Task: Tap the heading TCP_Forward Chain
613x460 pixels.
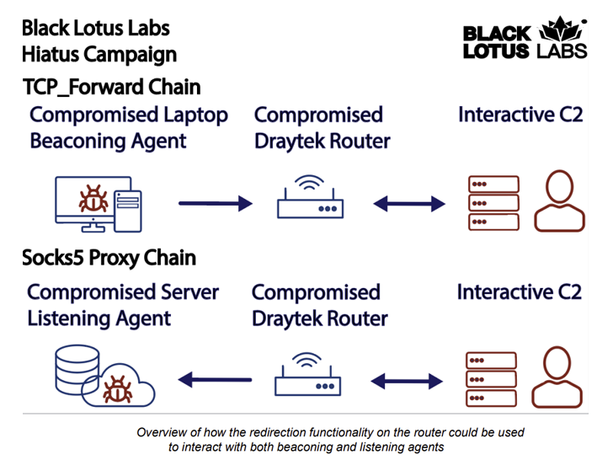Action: pyautogui.click(x=112, y=87)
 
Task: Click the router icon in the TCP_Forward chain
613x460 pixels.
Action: pyautogui.click(x=312, y=199)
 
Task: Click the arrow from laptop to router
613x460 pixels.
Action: pyautogui.click(x=215, y=203)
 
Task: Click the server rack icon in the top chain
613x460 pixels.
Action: pyautogui.click(x=493, y=202)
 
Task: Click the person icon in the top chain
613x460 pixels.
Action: pyautogui.click(x=561, y=201)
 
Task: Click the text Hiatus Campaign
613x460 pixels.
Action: pyautogui.click(x=99, y=56)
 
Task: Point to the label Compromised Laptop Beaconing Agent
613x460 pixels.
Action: pyautogui.click(x=128, y=128)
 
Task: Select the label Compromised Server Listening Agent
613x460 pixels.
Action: pyautogui.click(x=123, y=305)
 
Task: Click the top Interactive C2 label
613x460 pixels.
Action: pyautogui.click(x=520, y=115)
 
